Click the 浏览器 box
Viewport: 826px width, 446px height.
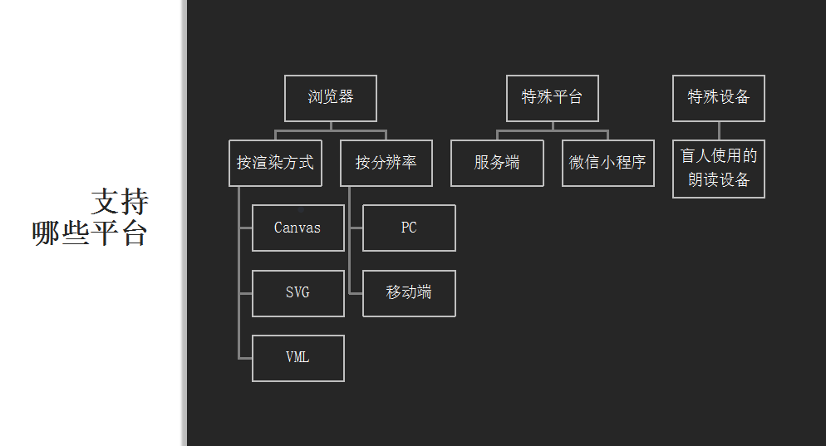point(331,98)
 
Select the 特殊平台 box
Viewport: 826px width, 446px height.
point(553,98)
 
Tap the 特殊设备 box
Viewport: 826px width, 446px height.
point(719,98)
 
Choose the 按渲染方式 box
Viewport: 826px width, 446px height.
point(275,163)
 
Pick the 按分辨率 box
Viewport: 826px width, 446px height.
point(386,163)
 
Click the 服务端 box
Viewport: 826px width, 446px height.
point(497,163)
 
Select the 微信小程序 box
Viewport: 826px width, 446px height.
point(607,163)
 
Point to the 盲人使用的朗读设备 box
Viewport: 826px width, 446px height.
point(719,169)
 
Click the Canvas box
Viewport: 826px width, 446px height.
point(297,228)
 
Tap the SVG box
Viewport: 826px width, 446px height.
point(297,293)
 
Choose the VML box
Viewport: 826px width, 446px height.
point(297,358)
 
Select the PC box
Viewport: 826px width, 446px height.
point(409,228)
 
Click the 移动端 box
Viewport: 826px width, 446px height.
point(409,293)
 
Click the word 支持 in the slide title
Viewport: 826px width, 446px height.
point(120,202)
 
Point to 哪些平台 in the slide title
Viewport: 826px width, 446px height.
point(90,233)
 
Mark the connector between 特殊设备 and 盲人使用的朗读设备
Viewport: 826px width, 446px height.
point(719,130)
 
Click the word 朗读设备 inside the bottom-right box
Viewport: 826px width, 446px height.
point(719,180)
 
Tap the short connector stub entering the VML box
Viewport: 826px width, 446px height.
point(245,358)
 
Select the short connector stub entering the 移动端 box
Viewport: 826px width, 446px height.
point(356,293)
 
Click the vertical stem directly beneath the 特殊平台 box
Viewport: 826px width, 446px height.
point(553,125)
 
